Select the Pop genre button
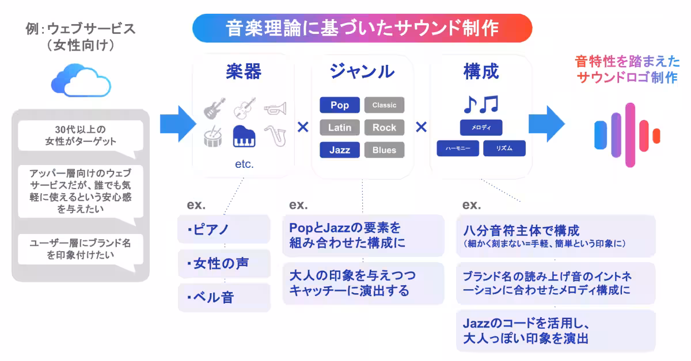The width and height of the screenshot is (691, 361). tap(340, 105)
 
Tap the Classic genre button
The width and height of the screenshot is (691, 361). tap(384, 105)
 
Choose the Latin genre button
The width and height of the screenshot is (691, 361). tap(340, 128)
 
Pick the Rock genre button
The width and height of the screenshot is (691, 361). tap(384, 128)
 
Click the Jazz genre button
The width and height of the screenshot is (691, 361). tap(340, 150)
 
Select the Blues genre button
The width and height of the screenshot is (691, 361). tap(384, 150)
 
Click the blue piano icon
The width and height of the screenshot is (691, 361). tap(244, 136)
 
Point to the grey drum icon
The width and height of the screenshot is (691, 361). tap(214, 137)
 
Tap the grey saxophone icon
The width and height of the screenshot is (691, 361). tap(275, 136)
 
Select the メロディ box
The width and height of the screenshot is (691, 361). tap(481, 127)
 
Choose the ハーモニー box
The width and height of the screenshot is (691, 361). tap(458, 148)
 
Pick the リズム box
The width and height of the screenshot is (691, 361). tap(504, 148)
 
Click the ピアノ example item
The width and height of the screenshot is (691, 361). tap(224, 230)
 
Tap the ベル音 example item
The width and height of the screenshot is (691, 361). tap(224, 298)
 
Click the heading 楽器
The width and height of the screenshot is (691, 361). tap(244, 71)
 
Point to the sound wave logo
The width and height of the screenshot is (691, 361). tap(627, 130)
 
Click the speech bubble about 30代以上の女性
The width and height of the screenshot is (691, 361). tap(80, 135)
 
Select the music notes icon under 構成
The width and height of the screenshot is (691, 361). tap(481, 104)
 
